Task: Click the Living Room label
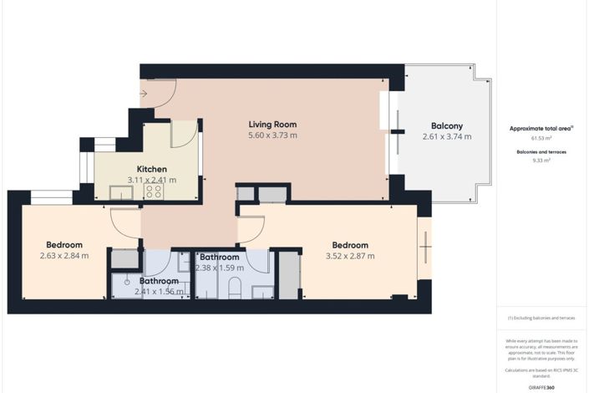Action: (x=273, y=124)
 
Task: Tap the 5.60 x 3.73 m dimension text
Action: (x=273, y=135)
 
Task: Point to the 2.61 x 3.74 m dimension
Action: (x=447, y=136)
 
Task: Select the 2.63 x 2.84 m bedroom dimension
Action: (x=63, y=256)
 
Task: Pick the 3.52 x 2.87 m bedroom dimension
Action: (x=349, y=256)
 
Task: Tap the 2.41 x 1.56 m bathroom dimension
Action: (x=160, y=292)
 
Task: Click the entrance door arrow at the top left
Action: (x=144, y=93)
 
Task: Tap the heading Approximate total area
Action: (x=541, y=128)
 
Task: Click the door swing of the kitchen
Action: (x=184, y=134)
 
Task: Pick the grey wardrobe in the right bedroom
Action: (x=289, y=274)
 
